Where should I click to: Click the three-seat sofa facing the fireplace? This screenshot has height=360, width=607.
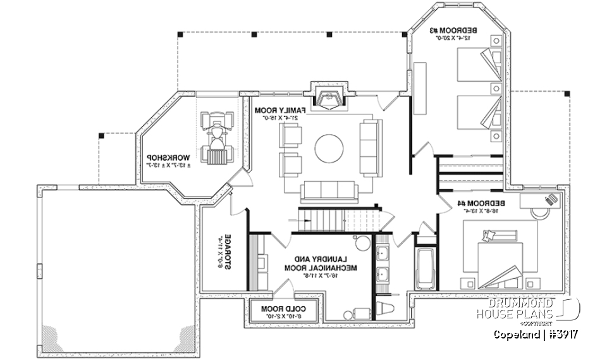pyautogui.click(x=329, y=191)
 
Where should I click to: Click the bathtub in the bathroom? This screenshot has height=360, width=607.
pyautogui.click(x=424, y=266)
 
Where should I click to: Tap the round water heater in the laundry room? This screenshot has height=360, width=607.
pyautogui.click(x=362, y=244)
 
